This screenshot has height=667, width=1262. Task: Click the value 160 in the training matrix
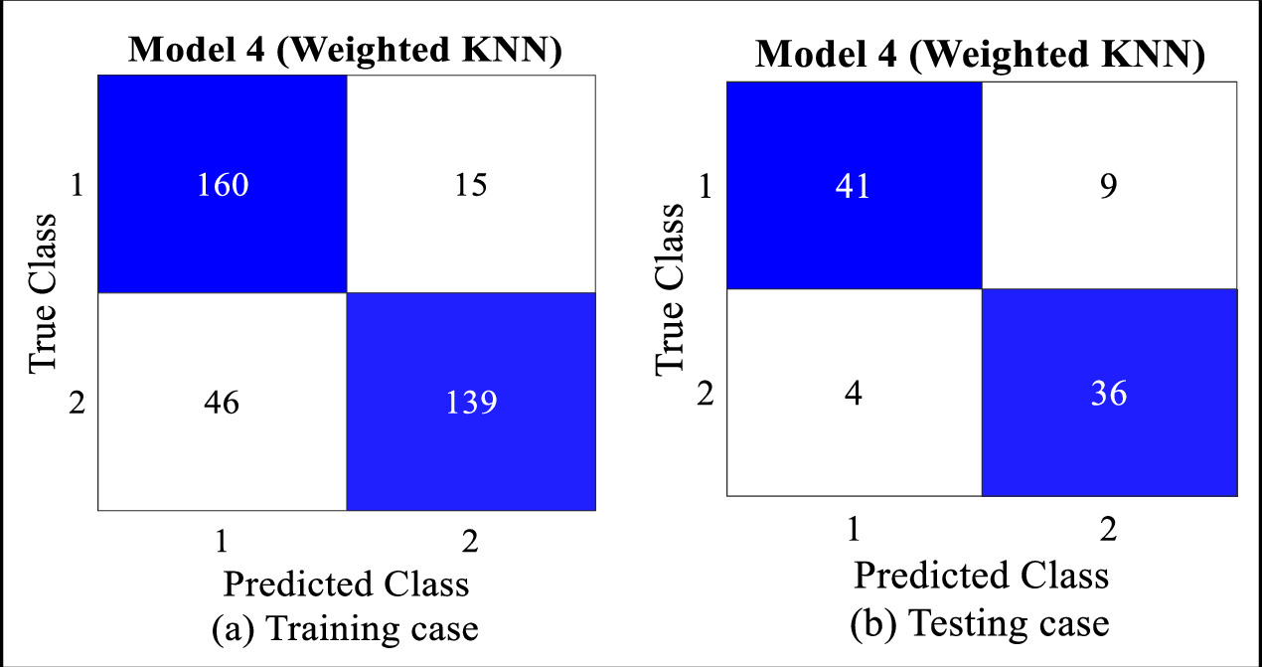click(x=222, y=185)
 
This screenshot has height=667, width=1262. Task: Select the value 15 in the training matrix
click(x=471, y=185)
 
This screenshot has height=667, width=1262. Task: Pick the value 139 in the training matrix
click(x=471, y=402)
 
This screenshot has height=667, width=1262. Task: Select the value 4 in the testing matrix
click(x=853, y=394)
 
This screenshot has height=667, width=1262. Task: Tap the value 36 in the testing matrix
click(x=1108, y=394)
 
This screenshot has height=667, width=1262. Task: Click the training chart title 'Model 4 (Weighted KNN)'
click(x=346, y=51)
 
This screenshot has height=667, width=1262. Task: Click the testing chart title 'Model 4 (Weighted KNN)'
click(x=980, y=55)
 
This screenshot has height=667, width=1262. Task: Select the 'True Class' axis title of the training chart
click(x=44, y=294)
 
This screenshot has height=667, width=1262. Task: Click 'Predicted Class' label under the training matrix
click(x=346, y=583)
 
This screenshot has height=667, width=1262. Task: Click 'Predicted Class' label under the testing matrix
click(x=980, y=575)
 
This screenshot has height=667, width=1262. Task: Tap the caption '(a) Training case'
click(x=344, y=628)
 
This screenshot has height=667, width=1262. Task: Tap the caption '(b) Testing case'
click(x=980, y=623)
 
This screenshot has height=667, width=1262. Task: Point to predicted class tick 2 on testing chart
click(x=1108, y=529)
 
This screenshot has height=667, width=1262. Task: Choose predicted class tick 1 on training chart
click(x=222, y=540)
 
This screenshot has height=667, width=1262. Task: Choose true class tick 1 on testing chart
click(x=707, y=187)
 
